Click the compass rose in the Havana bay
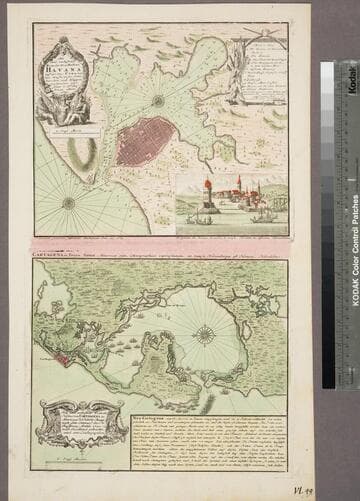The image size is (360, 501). [158, 100]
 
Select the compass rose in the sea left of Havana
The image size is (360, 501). [69, 203]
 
